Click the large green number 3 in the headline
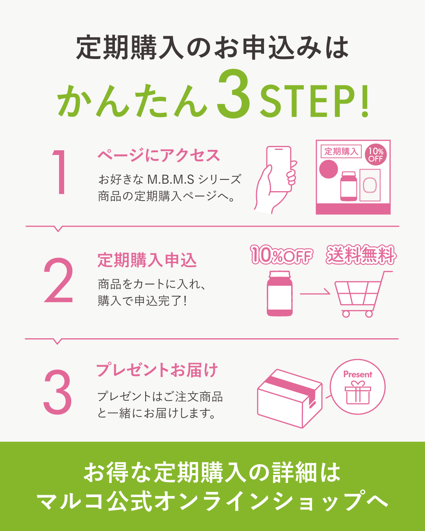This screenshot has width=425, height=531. click(x=234, y=94)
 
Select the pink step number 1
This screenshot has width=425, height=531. click(x=59, y=172)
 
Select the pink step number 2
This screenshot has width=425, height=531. click(x=59, y=280)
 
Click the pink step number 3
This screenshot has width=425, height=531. click(x=57, y=392)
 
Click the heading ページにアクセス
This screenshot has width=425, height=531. click(x=159, y=155)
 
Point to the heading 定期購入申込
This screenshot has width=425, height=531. click(x=147, y=260)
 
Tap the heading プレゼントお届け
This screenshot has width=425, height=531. click(x=157, y=370)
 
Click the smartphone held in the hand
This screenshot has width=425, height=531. click(x=279, y=169)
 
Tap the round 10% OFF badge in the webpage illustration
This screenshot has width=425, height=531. click(x=375, y=155)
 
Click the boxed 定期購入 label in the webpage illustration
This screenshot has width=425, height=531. click(x=341, y=151)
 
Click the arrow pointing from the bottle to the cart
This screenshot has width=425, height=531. click(x=315, y=294)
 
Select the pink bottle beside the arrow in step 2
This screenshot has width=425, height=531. click(x=280, y=293)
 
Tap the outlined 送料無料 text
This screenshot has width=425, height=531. click(x=361, y=255)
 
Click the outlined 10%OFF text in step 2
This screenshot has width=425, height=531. click(x=281, y=255)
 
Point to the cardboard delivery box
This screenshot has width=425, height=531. click(x=290, y=398)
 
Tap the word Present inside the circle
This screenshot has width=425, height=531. click(x=358, y=374)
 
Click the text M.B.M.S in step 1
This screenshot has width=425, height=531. click(x=171, y=180)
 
